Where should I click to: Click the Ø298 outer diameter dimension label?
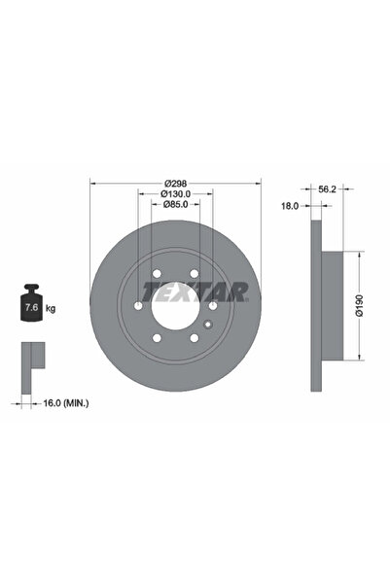coord(175,182)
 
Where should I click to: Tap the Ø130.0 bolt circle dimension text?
coord(175,193)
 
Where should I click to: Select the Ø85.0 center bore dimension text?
coord(175,205)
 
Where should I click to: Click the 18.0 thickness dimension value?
coord(290,207)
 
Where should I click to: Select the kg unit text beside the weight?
coord(51,307)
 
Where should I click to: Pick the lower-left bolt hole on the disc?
coord(156,339)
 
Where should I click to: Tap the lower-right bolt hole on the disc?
coord(195,339)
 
